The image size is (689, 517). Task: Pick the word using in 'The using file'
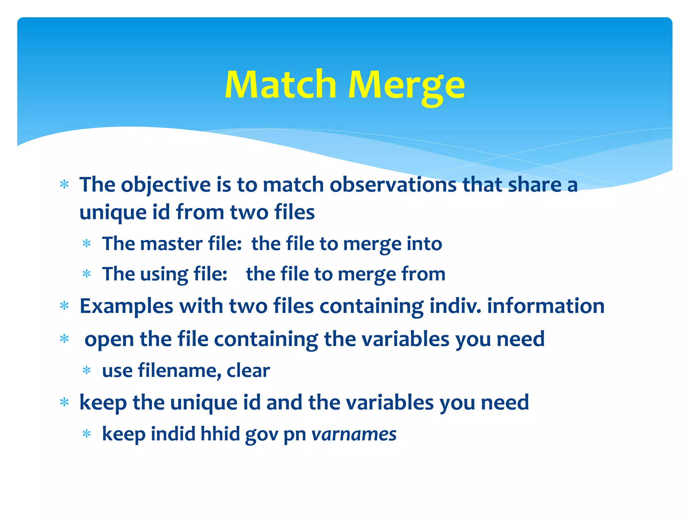click(x=164, y=274)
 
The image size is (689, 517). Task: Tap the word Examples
click(x=126, y=306)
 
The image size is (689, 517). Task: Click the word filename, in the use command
click(x=179, y=371)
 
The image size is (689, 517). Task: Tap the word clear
click(x=248, y=371)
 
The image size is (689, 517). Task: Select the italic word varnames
click(x=354, y=434)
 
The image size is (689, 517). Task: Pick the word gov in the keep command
click(x=261, y=435)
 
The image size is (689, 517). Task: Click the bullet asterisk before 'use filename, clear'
click(x=87, y=371)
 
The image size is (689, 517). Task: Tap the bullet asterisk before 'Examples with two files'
click(x=64, y=306)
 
